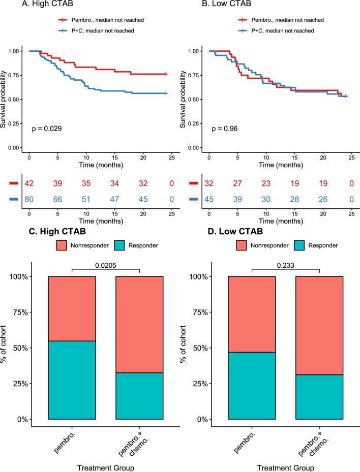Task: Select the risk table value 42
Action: (x=29, y=183)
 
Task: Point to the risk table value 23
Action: (x=269, y=183)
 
